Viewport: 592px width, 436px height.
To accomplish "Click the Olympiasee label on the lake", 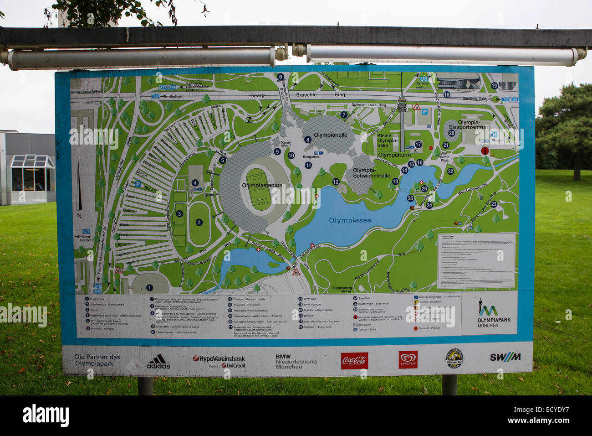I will point(350,220).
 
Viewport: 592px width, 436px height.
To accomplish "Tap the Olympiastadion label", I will point(262,185).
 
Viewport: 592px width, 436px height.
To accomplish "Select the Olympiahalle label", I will point(330,135).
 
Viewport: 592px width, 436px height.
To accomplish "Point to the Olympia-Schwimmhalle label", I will point(371,173).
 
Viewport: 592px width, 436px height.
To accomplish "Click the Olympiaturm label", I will point(394,155).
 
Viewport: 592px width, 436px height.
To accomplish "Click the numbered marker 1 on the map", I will point(149,288).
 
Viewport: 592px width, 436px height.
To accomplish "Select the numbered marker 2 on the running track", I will point(199,223).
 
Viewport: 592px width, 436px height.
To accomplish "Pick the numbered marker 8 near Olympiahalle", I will point(308,140).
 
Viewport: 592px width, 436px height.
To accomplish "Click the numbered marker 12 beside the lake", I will point(336,182).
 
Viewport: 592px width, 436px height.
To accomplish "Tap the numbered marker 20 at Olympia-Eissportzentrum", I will point(451,133).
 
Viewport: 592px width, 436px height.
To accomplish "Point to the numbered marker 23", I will point(494,204).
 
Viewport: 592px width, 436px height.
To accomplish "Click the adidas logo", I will point(158,361).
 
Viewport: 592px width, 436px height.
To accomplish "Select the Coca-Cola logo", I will point(354,361).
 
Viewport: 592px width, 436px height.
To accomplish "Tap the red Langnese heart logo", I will point(408,360).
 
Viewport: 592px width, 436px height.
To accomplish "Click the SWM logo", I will point(505,357).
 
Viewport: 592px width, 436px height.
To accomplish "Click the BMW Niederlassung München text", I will point(296,362).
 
